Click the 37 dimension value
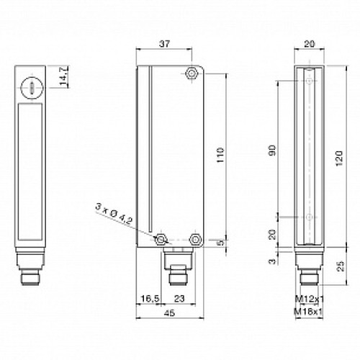163,44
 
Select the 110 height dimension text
222,155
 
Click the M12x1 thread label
307,298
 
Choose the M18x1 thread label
307,310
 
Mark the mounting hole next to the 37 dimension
192,73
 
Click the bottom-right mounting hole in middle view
194,238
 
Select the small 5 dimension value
222,242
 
